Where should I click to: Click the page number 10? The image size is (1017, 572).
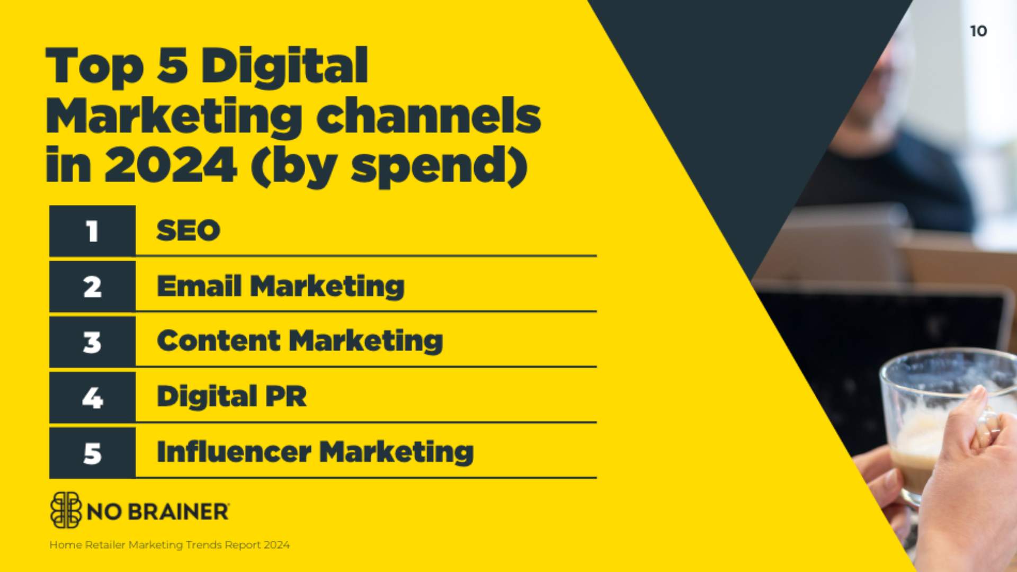(978, 31)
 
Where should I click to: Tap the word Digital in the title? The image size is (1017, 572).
(284, 66)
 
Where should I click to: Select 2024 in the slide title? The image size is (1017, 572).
(171, 165)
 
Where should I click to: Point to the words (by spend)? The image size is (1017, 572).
(389, 166)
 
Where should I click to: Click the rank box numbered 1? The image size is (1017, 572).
(92, 231)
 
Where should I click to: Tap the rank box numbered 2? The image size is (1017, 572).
(92, 287)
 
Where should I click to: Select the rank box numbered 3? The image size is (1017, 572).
(92, 342)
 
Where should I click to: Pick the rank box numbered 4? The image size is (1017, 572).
(92, 397)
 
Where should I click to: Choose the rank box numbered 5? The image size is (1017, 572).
(92, 453)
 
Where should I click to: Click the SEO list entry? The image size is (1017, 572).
(188, 230)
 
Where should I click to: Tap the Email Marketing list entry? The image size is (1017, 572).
(281, 287)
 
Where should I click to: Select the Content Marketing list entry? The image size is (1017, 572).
(300, 341)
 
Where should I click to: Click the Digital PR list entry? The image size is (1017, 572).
(231, 397)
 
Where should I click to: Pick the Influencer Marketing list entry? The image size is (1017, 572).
(315, 452)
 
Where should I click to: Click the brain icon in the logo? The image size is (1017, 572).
(66, 510)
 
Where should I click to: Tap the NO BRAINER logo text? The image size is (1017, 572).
(158, 512)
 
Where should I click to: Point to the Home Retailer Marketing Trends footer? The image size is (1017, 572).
(169, 544)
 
